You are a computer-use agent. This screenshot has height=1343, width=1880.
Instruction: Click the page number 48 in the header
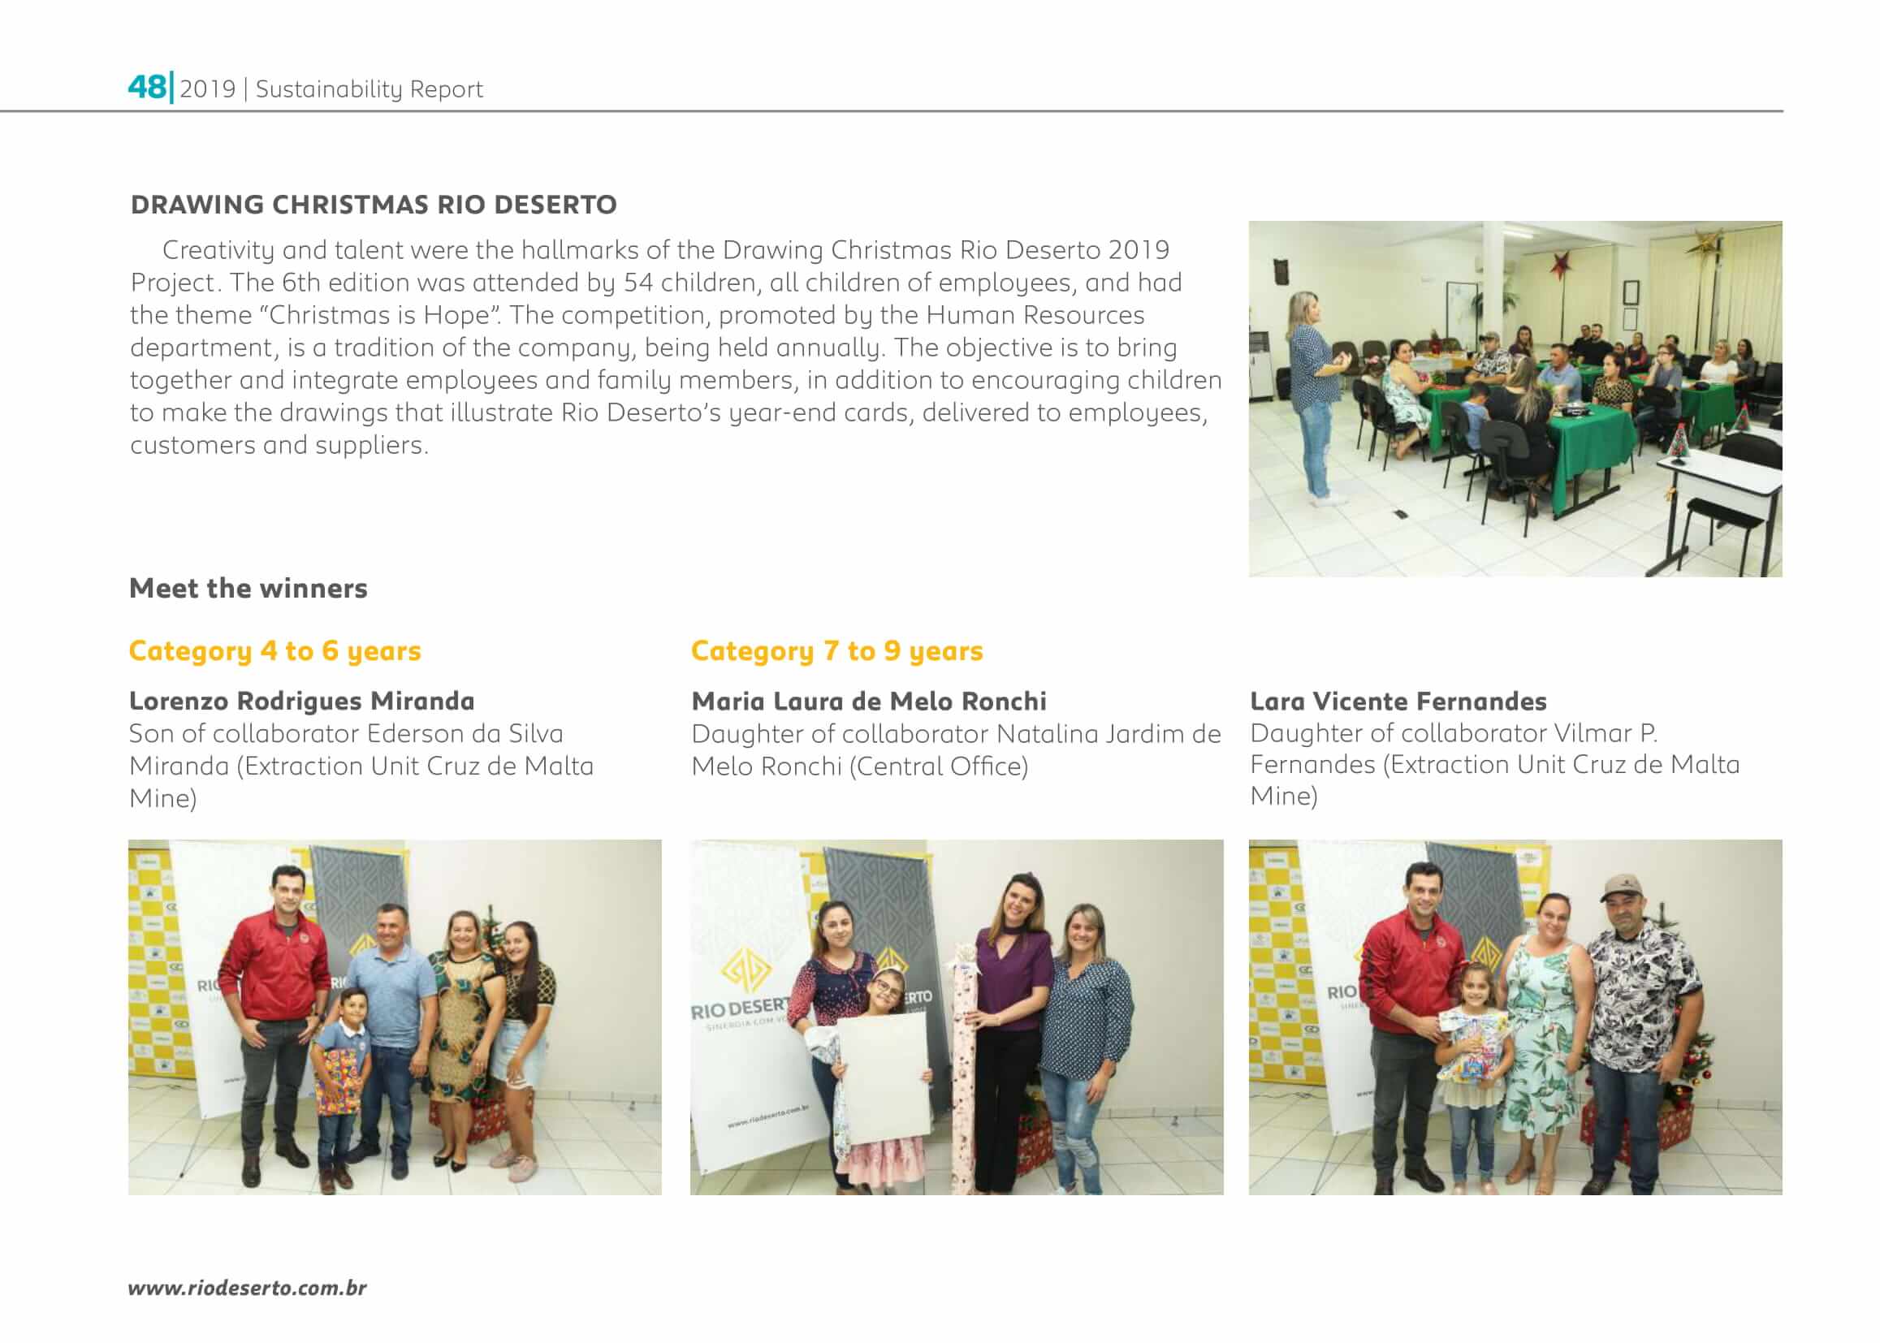(x=147, y=87)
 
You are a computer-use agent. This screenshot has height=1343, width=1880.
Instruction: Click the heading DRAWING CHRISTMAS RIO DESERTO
(x=373, y=205)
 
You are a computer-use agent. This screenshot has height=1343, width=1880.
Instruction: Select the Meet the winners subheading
(x=249, y=588)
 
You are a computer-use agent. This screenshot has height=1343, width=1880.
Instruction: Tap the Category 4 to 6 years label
(x=274, y=651)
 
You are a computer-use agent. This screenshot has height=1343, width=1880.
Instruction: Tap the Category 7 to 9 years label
(x=836, y=651)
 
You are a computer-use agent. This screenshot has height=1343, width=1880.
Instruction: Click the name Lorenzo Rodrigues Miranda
(x=302, y=702)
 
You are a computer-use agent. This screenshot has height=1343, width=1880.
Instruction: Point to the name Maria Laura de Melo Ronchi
(x=868, y=702)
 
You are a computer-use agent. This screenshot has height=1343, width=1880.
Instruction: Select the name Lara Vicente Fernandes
(x=1398, y=702)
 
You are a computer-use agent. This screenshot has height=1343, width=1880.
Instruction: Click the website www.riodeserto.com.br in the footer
(x=247, y=1288)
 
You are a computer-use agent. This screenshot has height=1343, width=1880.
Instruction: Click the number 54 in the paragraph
(x=637, y=283)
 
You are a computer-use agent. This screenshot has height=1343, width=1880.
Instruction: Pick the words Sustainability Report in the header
(x=369, y=89)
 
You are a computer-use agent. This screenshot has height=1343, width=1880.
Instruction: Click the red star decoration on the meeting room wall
(x=1561, y=265)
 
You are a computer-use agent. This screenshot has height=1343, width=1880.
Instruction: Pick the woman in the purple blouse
(x=1011, y=992)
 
